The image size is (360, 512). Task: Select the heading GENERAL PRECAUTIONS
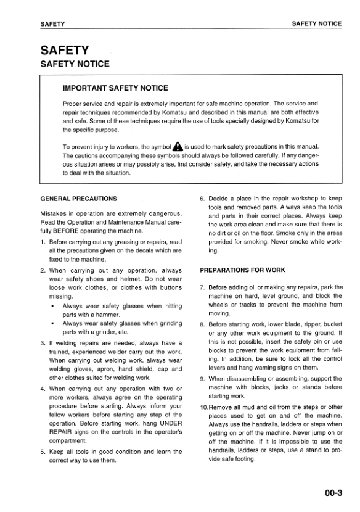(x=78, y=199)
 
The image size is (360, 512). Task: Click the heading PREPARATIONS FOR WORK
(x=242, y=270)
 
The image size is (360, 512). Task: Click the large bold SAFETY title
(x=65, y=50)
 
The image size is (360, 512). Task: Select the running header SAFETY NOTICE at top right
(x=316, y=23)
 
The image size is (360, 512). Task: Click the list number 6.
(x=202, y=199)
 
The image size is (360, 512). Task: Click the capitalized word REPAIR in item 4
(x=62, y=432)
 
